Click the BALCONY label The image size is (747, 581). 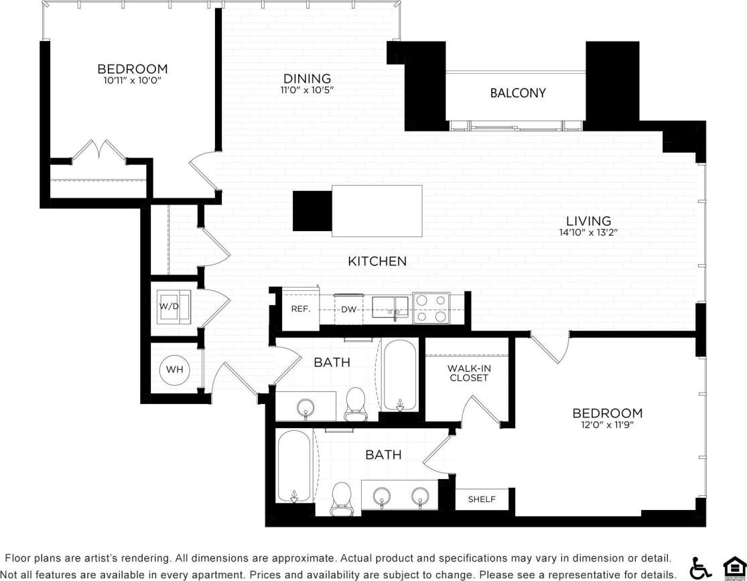point(518,93)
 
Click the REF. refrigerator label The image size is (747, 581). point(299,310)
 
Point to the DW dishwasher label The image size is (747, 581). point(348,310)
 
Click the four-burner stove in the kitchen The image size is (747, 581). point(431,308)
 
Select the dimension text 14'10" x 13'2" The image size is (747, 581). point(588,233)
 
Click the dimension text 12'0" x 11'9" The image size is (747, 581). point(607,426)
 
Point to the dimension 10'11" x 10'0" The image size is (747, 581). point(132,80)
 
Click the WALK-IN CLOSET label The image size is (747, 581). point(468,373)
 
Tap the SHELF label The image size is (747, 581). point(482,499)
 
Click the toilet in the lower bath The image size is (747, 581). point(342,499)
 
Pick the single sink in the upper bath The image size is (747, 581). point(306,407)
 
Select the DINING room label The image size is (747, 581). point(307,78)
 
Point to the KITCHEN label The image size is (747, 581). point(377,261)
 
